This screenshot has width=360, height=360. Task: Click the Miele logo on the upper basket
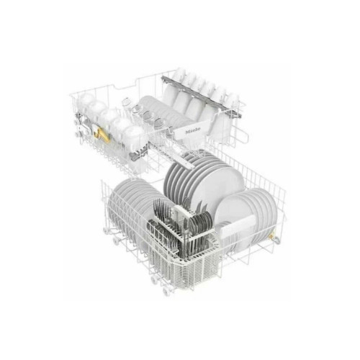[193, 131]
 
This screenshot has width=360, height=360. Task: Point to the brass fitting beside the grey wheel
[271, 237]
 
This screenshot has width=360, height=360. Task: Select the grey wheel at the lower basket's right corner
[277, 240]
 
